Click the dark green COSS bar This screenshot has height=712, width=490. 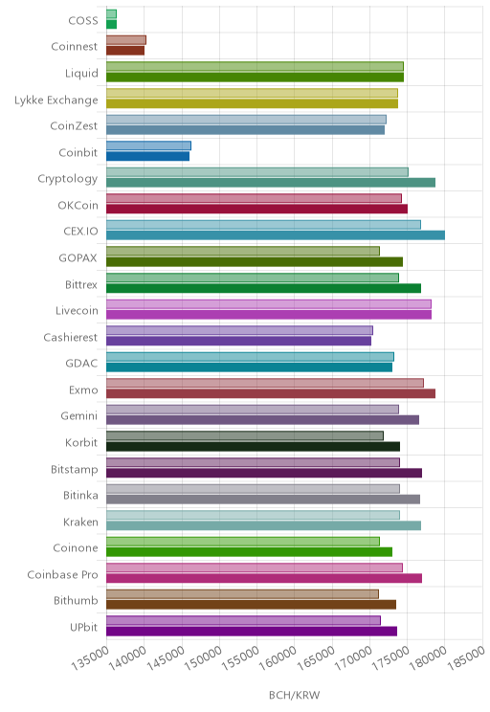tap(112, 25)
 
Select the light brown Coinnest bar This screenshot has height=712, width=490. tap(126, 40)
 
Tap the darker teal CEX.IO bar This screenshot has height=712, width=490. tap(276, 235)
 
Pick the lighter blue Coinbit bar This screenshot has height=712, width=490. tap(149, 145)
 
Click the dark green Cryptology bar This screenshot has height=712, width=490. tap(271, 183)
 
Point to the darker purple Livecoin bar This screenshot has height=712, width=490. tap(269, 315)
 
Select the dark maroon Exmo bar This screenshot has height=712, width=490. tap(271, 393)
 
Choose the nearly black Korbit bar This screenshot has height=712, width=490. tap(254, 446)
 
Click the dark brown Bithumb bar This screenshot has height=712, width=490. tap(251, 605)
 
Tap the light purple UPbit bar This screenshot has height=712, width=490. tap(243, 621)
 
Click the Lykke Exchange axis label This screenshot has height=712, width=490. tap(56, 100)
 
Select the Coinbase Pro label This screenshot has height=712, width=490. tap(62, 574)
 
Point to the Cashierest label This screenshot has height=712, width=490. tap(71, 338)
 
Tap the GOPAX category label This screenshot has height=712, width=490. tap(78, 258)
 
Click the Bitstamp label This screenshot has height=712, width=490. tap(74, 470)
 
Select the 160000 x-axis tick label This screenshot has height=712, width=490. tap(278, 657)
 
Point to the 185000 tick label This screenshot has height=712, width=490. tap(466, 657)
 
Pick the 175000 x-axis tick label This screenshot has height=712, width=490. tap(391, 657)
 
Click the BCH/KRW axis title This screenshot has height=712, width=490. tap(294, 695)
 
